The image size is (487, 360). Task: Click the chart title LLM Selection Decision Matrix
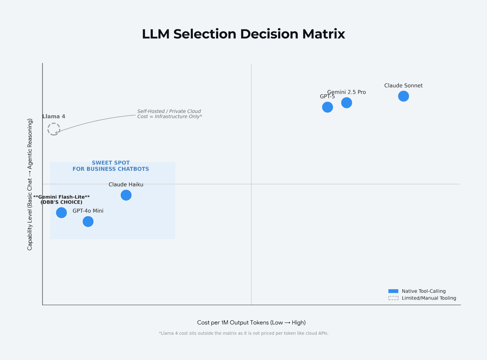243,34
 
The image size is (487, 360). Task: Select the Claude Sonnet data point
403,96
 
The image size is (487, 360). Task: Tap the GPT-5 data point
328,107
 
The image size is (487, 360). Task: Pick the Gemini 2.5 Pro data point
347,103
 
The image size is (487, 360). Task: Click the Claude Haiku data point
126,195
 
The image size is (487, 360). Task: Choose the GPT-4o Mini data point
88,221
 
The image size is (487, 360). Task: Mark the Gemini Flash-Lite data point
62,213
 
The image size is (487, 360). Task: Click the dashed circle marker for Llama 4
54,129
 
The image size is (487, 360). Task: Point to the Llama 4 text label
54,116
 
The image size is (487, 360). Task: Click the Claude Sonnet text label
403,86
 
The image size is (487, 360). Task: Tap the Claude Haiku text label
126,185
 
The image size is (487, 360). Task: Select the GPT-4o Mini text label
88,211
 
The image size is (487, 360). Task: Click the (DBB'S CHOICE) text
62,202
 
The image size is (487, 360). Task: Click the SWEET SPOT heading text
111,163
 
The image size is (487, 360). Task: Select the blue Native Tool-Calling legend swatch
393,291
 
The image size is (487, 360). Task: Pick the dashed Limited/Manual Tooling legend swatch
393,298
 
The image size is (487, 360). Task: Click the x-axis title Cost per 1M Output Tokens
251,323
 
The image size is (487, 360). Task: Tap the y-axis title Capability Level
30,184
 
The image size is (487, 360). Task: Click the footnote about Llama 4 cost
243,333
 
